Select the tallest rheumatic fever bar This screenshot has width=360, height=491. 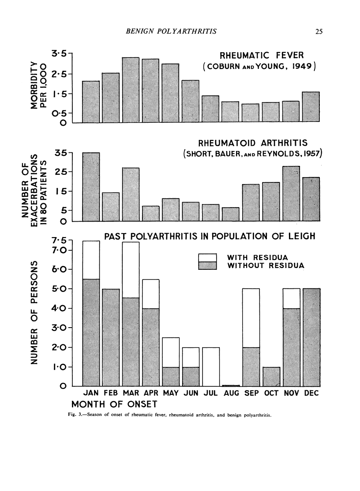(131, 90)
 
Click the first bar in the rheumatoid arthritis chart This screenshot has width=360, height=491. (91, 186)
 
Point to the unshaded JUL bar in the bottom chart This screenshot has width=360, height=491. (211, 366)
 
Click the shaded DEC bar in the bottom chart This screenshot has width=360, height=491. (311, 337)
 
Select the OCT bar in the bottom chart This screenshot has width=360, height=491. (271, 377)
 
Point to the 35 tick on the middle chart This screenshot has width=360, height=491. (61, 153)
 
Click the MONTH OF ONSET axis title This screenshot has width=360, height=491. (115, 404)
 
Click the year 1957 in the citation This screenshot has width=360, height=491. (311, 153)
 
